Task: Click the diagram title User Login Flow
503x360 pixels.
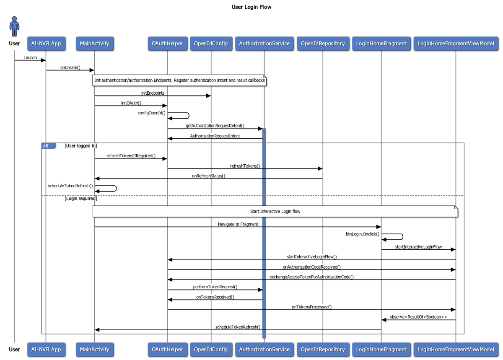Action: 251,7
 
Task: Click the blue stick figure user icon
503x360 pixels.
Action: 15,27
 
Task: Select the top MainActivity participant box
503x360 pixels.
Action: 94,44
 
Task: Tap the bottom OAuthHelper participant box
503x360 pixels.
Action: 167,349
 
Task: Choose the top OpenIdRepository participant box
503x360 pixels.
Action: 323,44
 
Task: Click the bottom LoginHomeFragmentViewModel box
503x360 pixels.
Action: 456,349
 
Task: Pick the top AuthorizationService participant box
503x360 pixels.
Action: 264,44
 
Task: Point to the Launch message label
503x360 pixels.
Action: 30,57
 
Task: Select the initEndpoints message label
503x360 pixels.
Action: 153,93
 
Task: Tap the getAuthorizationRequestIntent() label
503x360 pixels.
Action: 215,126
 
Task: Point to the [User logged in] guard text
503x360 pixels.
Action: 80,146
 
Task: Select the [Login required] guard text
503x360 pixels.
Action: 80,199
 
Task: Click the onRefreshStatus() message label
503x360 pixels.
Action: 208,176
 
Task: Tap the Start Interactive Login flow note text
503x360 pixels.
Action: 275,212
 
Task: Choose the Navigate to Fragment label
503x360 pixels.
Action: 238,224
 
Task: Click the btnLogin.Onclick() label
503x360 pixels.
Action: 362,234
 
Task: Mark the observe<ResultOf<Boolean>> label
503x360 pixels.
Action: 418,317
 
